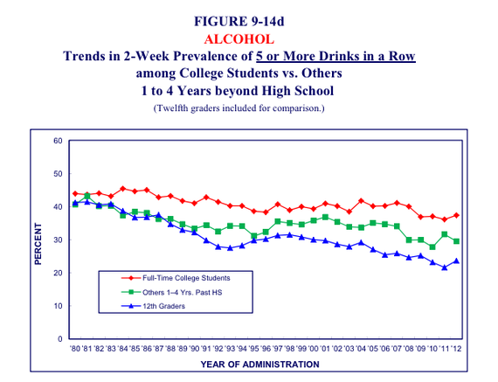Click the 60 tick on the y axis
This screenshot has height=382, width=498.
[58, 141]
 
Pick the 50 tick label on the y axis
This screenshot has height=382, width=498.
[58, 174]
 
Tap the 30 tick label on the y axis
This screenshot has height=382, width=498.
[58, 240]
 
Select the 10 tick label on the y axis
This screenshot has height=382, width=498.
[58, 306]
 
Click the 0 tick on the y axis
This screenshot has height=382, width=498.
[60, 339]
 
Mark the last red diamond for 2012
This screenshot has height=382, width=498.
[457, 215]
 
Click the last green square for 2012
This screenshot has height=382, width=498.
[457, 241]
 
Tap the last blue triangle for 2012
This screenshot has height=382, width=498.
[457, 260]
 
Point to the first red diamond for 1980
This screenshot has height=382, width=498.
[75, 193]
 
